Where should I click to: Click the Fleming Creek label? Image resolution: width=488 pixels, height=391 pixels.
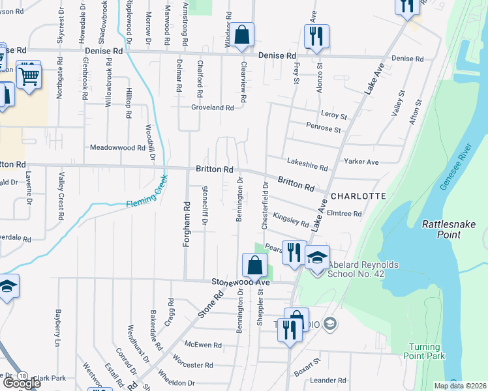pyautogui.click(x=147, y=194)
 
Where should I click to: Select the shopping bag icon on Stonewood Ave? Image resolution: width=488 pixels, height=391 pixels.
pyautogui.click(x=254, y=265)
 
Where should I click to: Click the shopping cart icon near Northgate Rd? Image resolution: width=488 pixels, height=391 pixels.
pyautogui.click(x=29, y=76)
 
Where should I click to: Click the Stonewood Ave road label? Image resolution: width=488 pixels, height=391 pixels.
pyautogui.click(x=240, y=282)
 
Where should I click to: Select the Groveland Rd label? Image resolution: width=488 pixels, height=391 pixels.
pyautogui.click(x=212, y=108)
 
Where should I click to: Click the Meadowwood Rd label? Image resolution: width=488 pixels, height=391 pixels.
pyautogui.click(x=117, y=148)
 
